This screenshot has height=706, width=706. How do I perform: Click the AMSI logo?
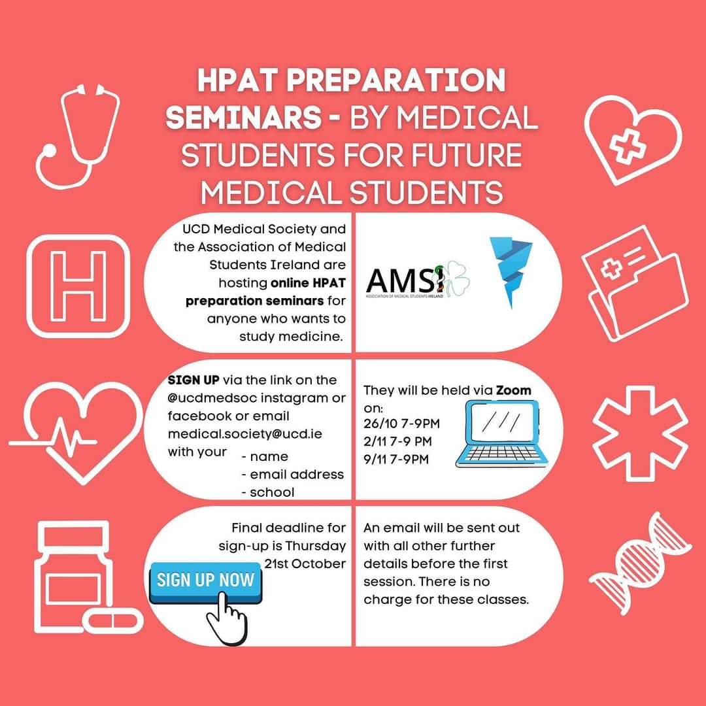coord(418,282)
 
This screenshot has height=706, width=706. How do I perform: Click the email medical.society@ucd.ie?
coord(245,434)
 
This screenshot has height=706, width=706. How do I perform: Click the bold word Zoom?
coord(513,390)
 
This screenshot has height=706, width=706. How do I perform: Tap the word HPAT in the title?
coord(245,81)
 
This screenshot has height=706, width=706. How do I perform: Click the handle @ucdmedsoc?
coord(205,398)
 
